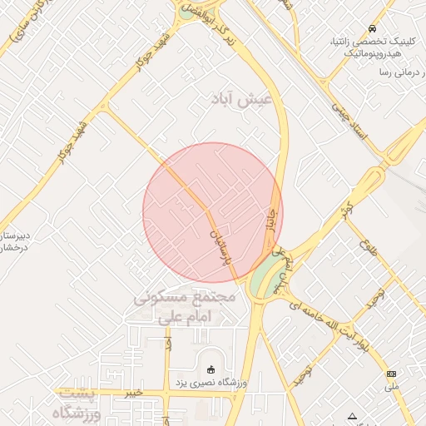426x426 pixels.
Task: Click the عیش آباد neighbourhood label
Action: coord(248,99)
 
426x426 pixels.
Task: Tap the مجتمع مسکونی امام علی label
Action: coord(185,306)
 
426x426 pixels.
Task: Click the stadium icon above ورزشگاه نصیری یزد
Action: coord(210,369)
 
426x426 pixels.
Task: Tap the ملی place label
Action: coord(392,388)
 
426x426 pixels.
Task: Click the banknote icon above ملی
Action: coord(392,374)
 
